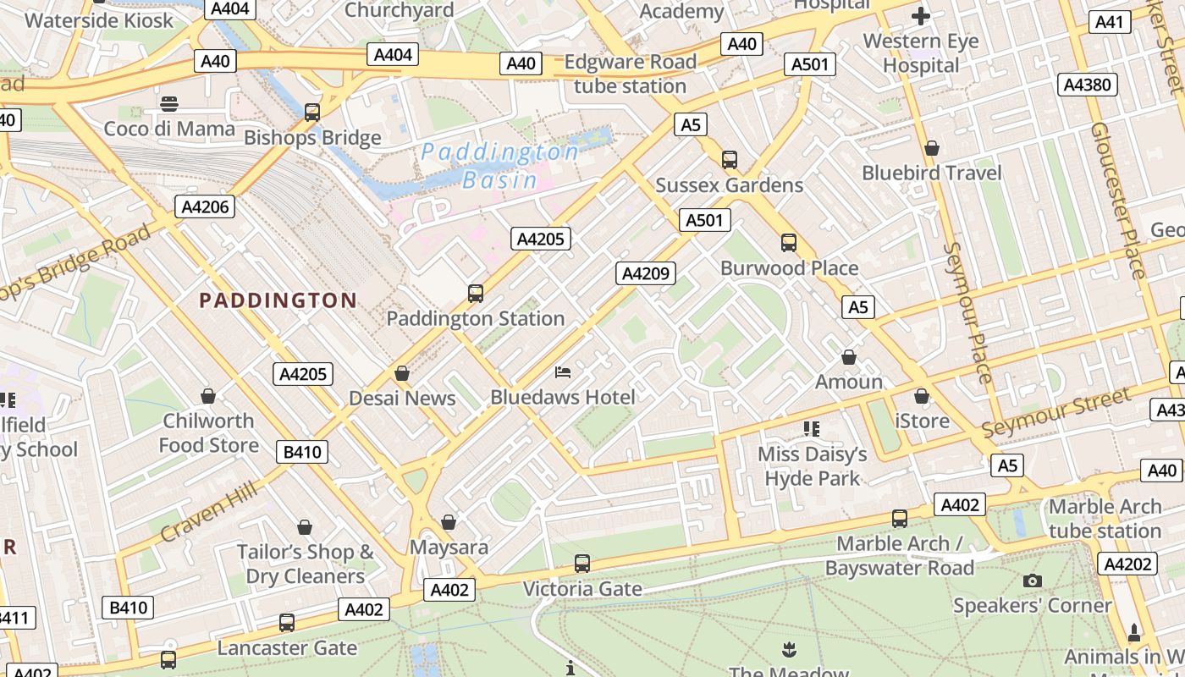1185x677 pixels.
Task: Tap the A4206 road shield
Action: (x=205, y=206)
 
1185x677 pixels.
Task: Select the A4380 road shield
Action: (x=1088, y=85)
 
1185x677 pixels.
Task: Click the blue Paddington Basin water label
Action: (x=499, y=166)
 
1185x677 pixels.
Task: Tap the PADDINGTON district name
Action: (x=278, y=300)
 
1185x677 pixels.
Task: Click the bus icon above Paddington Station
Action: (x=476, y=294)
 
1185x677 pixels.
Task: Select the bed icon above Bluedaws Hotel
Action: (x=563, y=372)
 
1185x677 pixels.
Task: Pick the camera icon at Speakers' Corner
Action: (x=1032, y=581)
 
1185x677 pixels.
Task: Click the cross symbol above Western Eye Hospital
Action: (x=921, y=16)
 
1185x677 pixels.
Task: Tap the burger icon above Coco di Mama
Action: (x=169, y=104)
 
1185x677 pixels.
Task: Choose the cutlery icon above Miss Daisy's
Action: (x=812, y=429)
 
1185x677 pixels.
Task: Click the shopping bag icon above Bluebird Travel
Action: (x=932, y=148)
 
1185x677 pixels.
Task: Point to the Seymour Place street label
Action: (x=967, y=312)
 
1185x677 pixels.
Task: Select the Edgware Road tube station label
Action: (x=630, y=74)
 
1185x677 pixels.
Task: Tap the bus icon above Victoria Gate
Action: (x=582, y=563)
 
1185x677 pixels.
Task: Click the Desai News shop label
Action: (x=402, y=398)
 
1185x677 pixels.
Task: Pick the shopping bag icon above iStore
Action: (x=922, y=396)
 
